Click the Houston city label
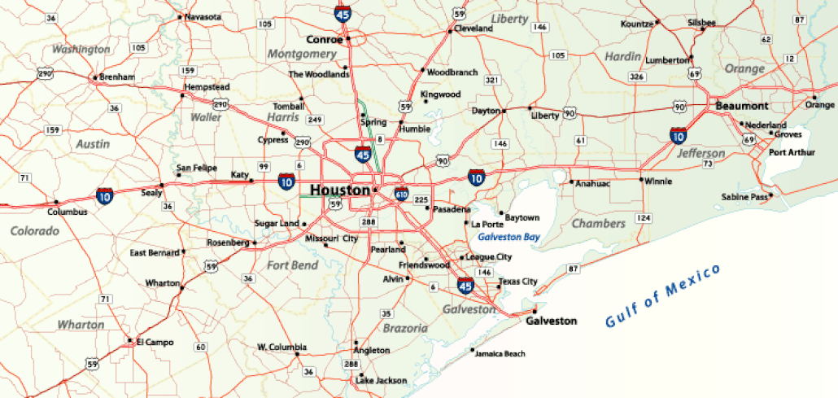[x=339, y=190]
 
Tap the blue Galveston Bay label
[x=508, y=237]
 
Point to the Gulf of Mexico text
[x=663, y=296]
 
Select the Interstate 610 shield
[x=401, y=194]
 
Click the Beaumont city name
[x=741, y=107]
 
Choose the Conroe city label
[x=324, y=39]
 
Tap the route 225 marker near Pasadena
[x=421, y=199]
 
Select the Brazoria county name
[x=404, y=328]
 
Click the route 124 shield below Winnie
[x=644, y=218]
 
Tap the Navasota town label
[x=203, y=16]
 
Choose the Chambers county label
[x=598, y=223]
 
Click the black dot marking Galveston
[x=535, y=311]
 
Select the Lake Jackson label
[x=381, y=380]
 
